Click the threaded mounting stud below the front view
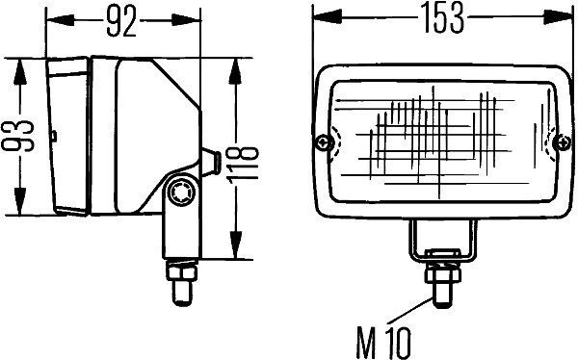point(442,278)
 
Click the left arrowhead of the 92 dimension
point(54,19)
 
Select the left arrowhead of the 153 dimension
point(321,15)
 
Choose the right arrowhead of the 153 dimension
point(562,15)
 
